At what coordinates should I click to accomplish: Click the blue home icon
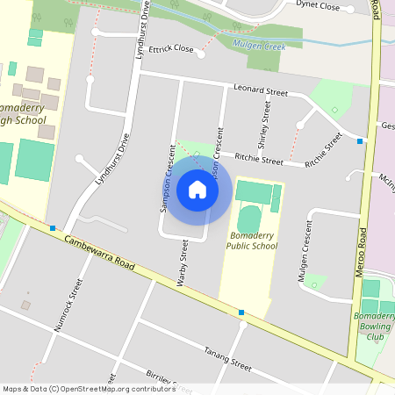pos(197,189)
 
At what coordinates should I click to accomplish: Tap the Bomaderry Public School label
pos(253,241)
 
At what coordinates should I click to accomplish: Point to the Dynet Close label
pos(319,4)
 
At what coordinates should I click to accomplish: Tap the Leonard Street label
pos(261,90)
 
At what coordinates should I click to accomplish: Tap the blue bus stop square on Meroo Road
pos(360,140)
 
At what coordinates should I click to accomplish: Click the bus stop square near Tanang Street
pos(241,312)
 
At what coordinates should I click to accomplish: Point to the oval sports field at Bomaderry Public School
pos(250,219)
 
